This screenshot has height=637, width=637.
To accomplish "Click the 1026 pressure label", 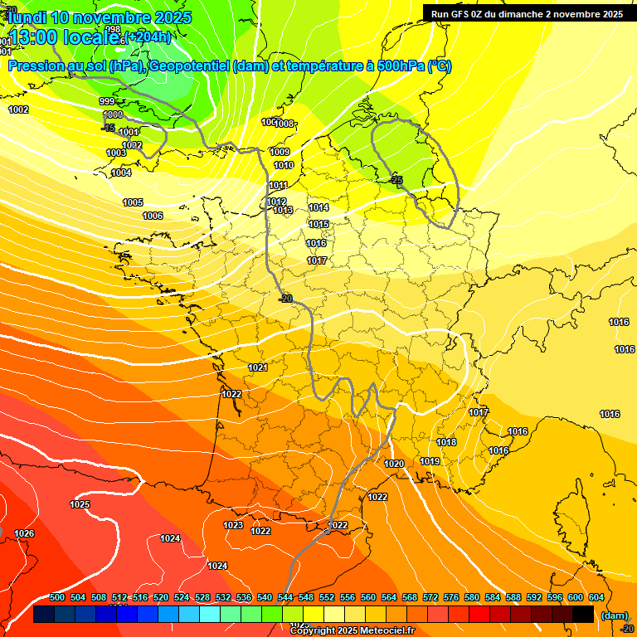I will point(24,533).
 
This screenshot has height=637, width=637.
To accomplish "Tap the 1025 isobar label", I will point(80,504).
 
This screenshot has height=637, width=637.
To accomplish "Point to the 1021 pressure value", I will point(258,367).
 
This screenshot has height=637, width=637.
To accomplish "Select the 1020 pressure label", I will point(394,464).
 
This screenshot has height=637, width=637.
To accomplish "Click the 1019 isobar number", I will point(430,461).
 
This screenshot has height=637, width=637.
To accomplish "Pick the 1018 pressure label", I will point(446,442).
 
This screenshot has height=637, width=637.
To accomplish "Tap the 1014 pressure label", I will point(318,207).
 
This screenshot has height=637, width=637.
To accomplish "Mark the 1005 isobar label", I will point(133,202).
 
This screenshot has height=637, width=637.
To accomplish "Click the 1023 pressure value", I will point(233,525).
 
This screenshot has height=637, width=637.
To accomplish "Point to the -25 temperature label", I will point(396,179).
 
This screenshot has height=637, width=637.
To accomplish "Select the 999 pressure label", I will point(107,101).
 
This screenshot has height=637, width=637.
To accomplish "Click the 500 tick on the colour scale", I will point(57,597).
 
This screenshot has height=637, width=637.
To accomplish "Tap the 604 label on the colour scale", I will point(596,597).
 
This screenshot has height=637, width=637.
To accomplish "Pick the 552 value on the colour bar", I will point(327,597).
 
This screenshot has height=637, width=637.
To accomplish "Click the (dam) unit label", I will point(614,615).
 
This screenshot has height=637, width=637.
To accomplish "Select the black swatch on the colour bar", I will point(582,615).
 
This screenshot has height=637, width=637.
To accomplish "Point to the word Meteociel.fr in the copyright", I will point(383,631).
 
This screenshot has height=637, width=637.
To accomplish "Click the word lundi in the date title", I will point(27,17).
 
